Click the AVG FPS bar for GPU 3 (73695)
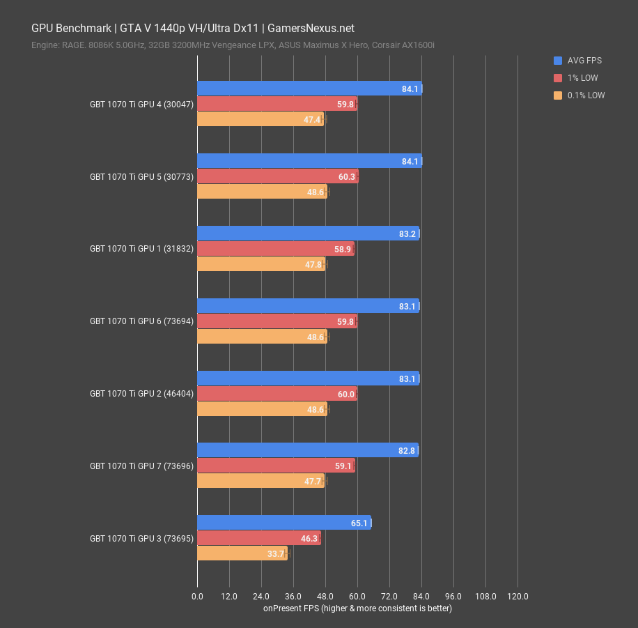click(284, 522)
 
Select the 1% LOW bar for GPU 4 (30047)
click(277, 104)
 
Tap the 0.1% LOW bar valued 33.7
click(242, 553)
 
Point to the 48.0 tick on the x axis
click(325, 597)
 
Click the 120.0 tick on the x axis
click(518, 597)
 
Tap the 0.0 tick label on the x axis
click(197, 597)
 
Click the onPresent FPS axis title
click(357, 608)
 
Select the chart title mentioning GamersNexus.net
click(193, 29)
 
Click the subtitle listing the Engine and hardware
click(233, 45)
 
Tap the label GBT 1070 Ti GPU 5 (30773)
click(141, 177)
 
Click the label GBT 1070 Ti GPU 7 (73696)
click(141, 466)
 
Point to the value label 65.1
click(359, 522)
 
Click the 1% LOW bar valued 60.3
click(277, 176)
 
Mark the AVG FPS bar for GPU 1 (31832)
click(308, 233)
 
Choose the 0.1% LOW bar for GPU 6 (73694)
click(262, 336)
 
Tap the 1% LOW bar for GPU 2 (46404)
click(277, 394)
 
